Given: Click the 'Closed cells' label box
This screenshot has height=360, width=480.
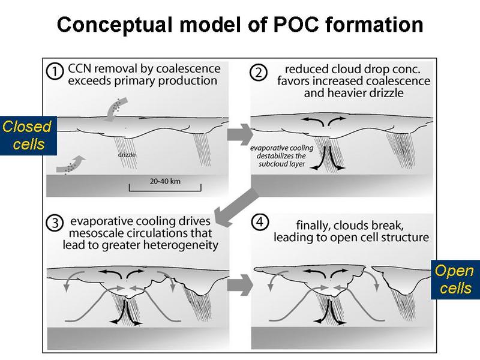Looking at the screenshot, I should tap(28, 136).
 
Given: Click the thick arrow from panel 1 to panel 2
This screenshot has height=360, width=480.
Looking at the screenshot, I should tap(238, 132).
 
